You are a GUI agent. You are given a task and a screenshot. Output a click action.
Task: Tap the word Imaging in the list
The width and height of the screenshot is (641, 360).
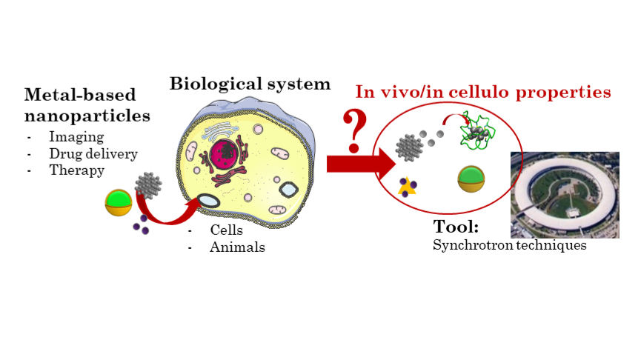pos(76,137)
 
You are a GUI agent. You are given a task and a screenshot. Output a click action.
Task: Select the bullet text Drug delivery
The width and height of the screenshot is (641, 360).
pos(93,154)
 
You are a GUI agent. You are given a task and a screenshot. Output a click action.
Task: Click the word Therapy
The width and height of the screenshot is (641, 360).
pos(76,170)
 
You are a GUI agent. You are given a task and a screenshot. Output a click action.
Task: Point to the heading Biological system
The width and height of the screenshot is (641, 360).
pos(250,84)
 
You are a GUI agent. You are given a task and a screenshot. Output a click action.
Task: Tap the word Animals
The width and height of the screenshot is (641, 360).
pos(237,247)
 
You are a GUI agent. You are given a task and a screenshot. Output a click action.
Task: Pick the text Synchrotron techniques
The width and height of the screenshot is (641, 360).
pos(510,245)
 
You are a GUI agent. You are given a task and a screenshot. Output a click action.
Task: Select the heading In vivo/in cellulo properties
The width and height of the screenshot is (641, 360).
pos(483,93)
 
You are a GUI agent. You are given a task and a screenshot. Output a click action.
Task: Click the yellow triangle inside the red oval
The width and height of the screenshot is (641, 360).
pos(406,187)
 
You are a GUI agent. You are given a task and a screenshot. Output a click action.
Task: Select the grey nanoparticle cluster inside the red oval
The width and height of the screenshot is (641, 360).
pos(409,147)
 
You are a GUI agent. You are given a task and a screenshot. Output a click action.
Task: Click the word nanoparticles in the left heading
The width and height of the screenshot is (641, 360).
pos(87,116)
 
